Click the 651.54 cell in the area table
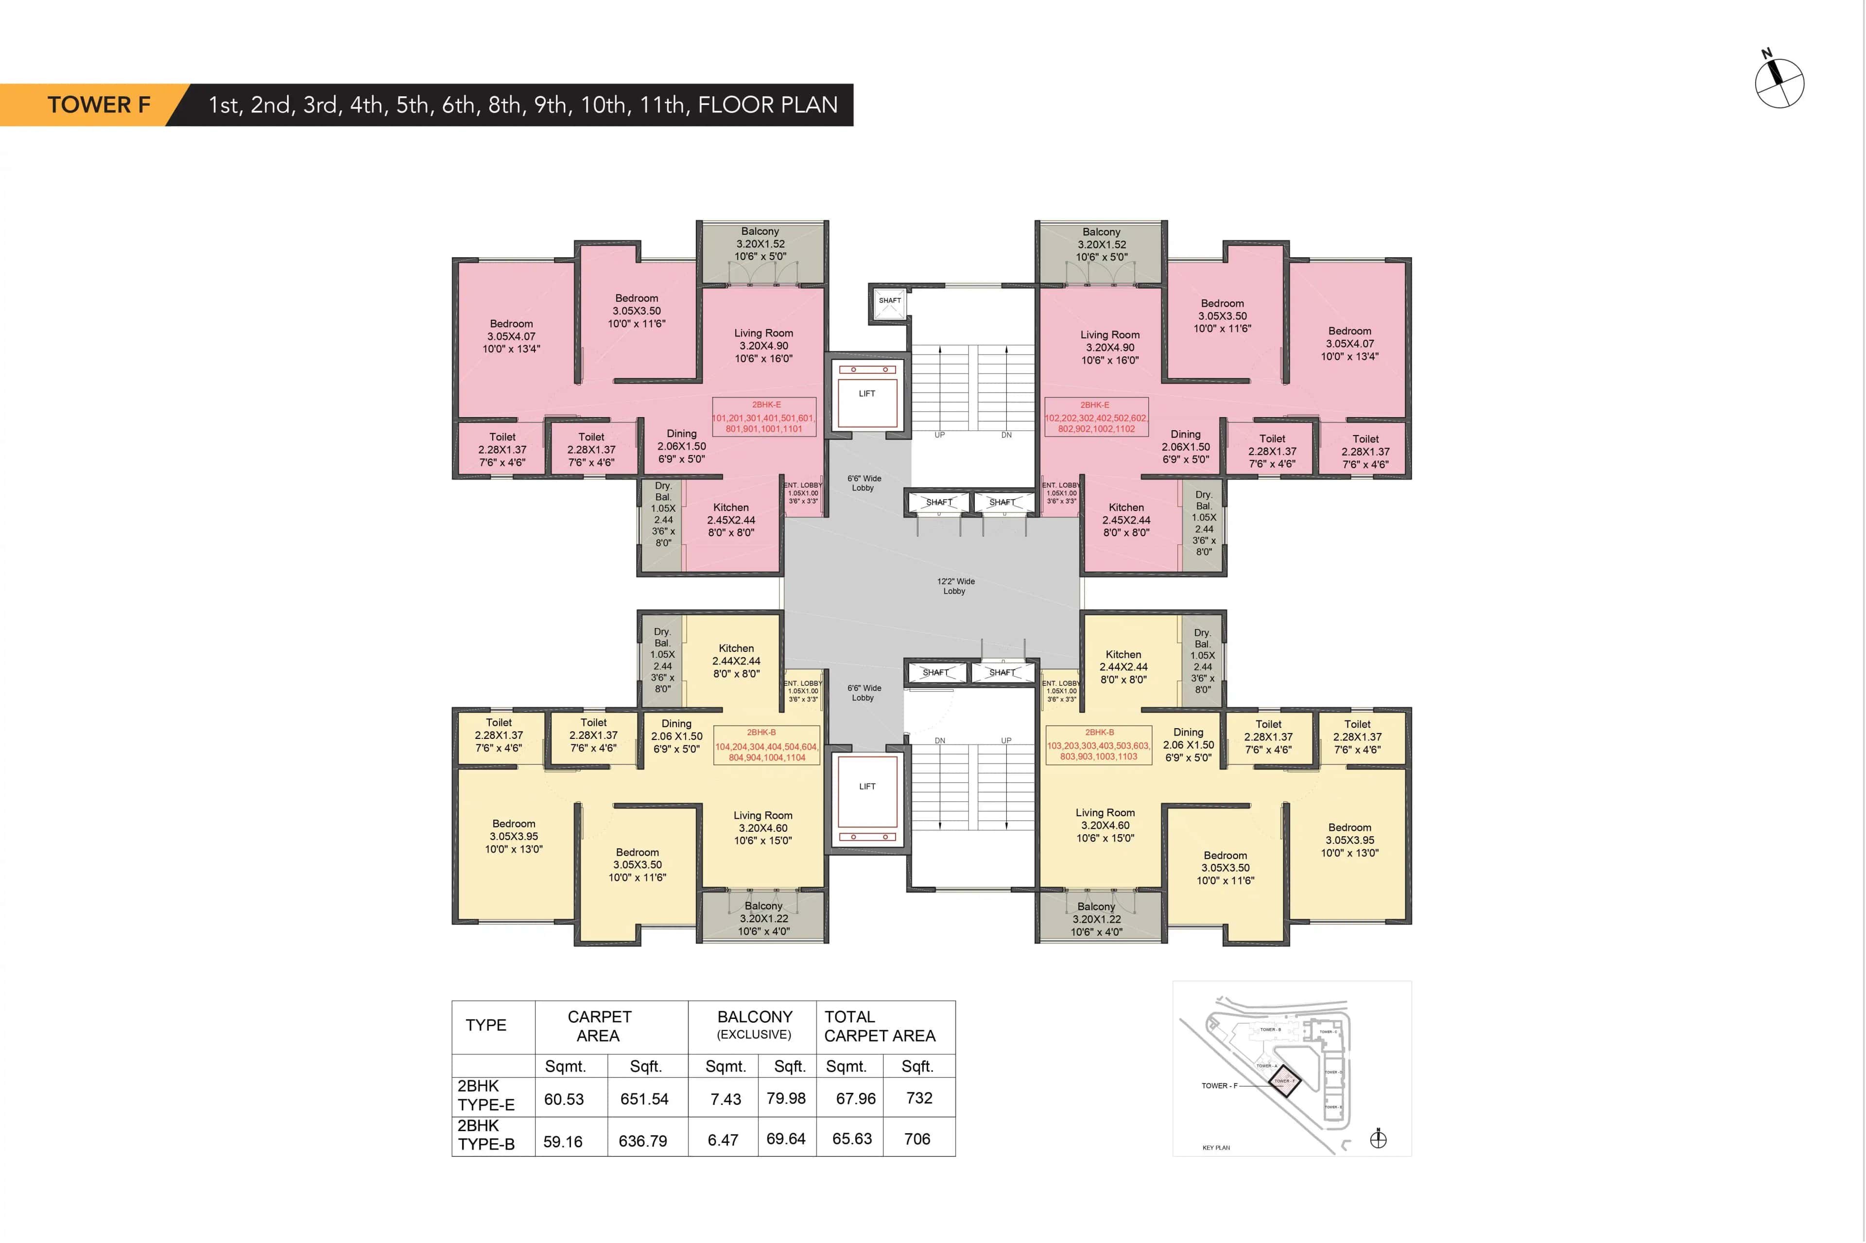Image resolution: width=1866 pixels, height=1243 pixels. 644,1099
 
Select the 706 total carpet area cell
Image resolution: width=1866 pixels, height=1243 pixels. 917,1139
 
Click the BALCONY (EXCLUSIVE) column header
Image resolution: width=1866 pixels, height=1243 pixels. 754,1025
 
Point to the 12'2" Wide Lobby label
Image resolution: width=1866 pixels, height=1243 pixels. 955,586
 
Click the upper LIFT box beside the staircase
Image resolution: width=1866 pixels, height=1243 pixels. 867,394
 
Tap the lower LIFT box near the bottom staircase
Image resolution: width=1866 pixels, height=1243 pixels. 867,787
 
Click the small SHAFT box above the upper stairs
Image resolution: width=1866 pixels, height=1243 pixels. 889,301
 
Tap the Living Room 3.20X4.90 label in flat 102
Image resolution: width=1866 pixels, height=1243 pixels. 1109,347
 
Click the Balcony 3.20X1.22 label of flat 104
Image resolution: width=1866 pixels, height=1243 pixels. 763,918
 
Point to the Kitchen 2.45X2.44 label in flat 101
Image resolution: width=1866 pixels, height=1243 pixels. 730,520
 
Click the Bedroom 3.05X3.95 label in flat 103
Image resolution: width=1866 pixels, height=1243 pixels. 1349,840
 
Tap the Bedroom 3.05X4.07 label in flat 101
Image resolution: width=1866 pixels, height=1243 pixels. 511,336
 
